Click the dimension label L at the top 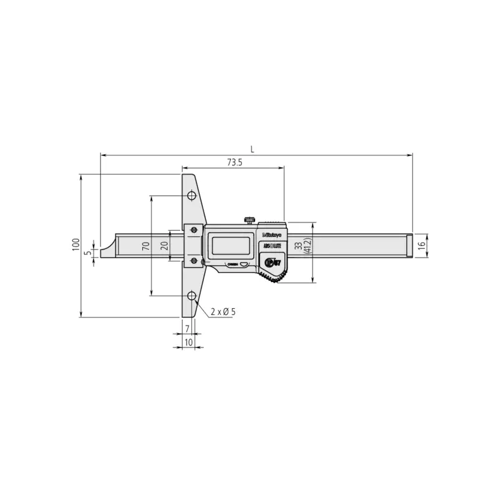pos(251,148)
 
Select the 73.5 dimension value pos(234,162)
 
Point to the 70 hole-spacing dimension pos(145,246)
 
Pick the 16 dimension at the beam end pos(422,245)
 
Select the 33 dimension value pos(298,246)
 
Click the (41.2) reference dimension pos(307,246)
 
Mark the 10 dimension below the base pos(188,342)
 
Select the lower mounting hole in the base pos(191,294)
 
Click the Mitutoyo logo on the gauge pos(272,235)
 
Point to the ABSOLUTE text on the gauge pos(272,247)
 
